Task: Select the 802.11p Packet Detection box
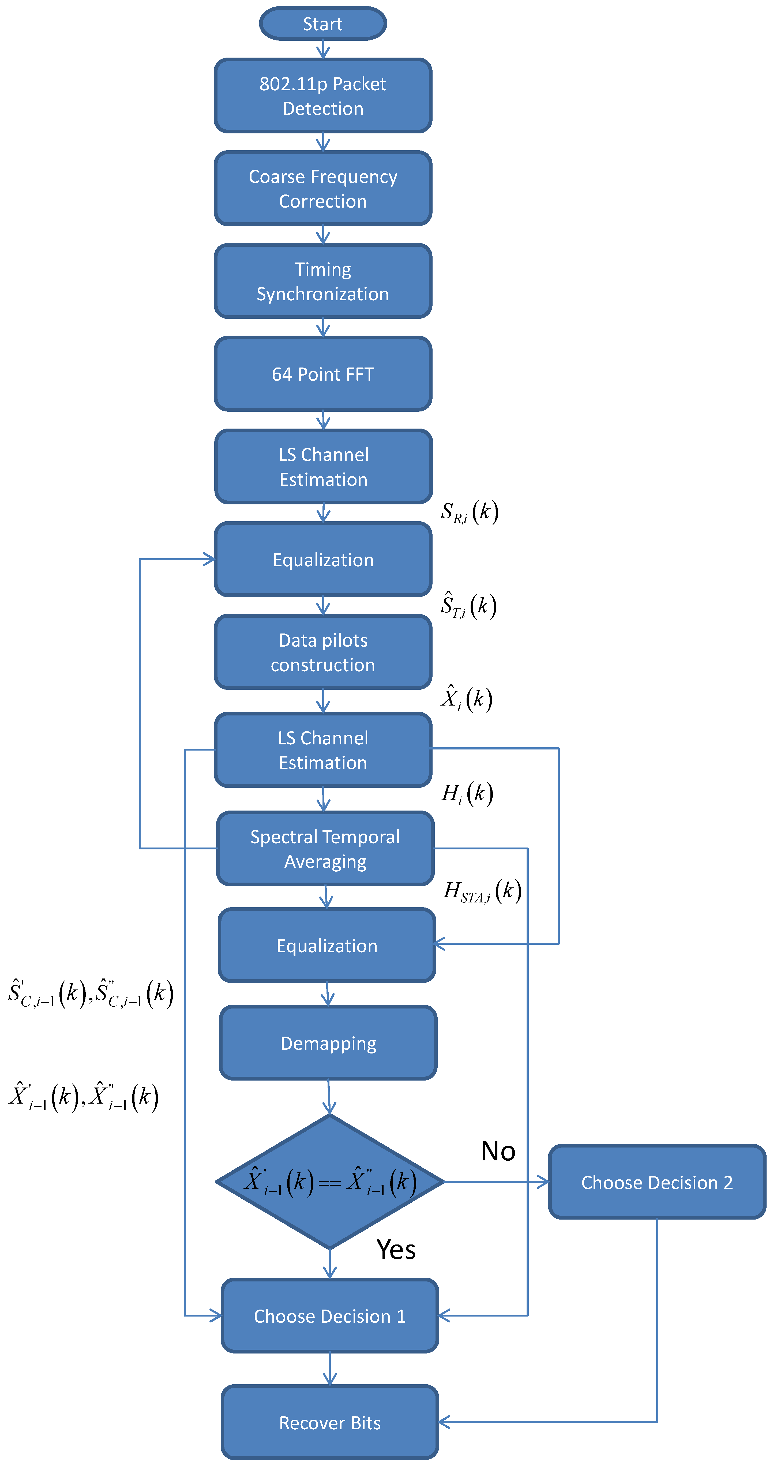[323, 96]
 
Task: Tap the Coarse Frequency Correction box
[323, 188]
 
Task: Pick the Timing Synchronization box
[323, 281]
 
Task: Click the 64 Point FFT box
[323, 374]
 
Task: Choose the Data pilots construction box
[323, 652]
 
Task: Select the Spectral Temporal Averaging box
[325, 849]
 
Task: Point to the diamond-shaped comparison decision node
[329, 1182]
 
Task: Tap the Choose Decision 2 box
[657, 1182]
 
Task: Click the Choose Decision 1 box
[329, 1316]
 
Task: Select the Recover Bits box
[329, 1422]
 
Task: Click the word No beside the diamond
[498, 1151]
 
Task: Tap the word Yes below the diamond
[396, 1250]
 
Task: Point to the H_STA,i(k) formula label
[482, 891]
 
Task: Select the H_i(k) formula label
[467, 793]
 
